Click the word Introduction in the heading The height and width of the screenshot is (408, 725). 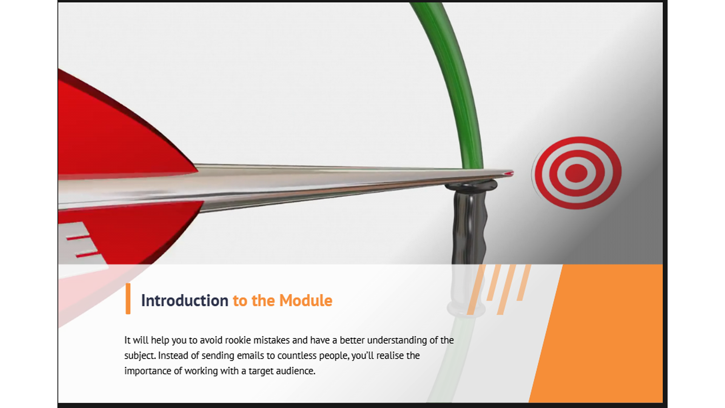coord(185,301)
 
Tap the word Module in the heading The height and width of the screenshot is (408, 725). coord(306,301)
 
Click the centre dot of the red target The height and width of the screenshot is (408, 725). coord(576,173)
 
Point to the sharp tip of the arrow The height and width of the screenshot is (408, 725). coord(513,173)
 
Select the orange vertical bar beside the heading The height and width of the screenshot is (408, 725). coord(128,298)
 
